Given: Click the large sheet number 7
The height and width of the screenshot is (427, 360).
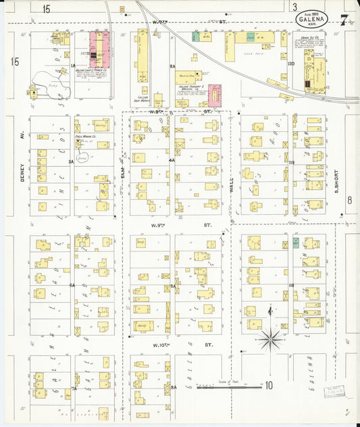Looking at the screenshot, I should tap(344, 20).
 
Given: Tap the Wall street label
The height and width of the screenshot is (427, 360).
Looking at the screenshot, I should tap(231, 184).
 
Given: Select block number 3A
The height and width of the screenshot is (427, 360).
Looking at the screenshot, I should tap(70, 162).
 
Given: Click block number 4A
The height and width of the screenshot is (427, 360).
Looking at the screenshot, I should tap(172, 161).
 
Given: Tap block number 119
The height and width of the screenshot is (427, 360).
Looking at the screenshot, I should tap(292, 163).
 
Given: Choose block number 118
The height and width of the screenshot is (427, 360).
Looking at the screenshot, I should tap(292, 286).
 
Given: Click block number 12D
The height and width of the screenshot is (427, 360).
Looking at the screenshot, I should tap(292, 64).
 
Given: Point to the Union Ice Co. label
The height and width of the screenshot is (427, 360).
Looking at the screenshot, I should tap(310, 37).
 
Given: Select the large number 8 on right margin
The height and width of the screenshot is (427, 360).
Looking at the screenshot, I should tap(350, 200).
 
